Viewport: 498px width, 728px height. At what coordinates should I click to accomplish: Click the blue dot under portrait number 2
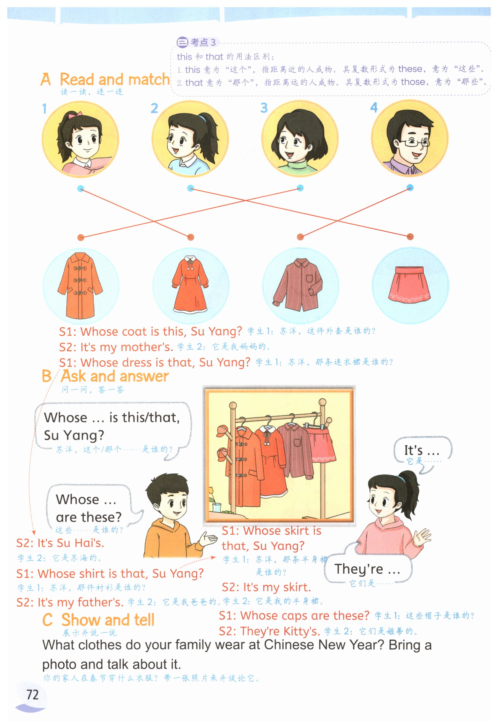coord(190,188)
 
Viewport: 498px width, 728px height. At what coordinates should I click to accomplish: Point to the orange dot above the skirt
coord(410,237)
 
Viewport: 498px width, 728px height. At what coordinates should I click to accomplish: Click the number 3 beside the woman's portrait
coord(264,108)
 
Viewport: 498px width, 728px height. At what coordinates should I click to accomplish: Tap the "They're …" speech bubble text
coord(367,569)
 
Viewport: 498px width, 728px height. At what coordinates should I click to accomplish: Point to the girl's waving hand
coord(422,537)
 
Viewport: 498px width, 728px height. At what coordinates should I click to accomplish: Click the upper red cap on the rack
coord(223,431)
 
